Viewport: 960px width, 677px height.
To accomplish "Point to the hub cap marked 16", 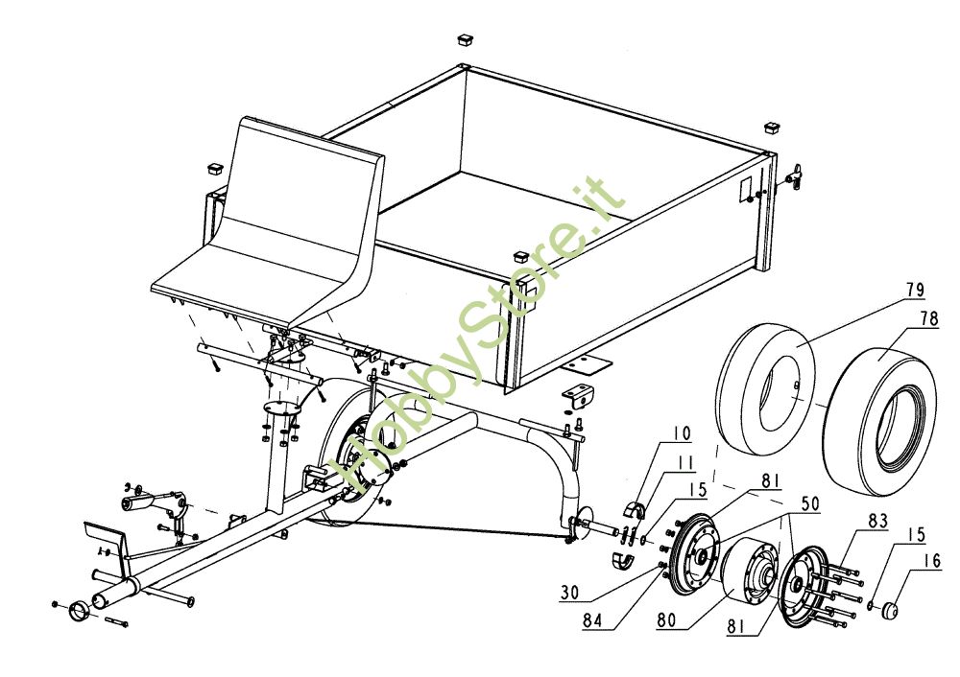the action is point(887,608).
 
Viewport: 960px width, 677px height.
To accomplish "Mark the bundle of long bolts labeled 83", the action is point(839,590).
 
